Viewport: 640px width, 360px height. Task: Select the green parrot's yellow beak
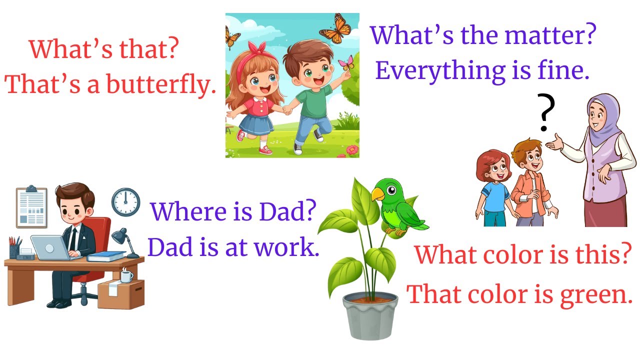[377, 194]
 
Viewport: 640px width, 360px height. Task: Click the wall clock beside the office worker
[125, 202]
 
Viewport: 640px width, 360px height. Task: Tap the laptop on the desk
[50, 247]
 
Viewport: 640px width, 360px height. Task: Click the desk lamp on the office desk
[124, 240]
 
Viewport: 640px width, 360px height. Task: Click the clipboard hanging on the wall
[31, 207]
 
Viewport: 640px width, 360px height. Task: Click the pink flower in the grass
[352, 149]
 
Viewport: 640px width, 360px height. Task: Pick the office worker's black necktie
[73, 239]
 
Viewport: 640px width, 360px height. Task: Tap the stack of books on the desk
[106, 256]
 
